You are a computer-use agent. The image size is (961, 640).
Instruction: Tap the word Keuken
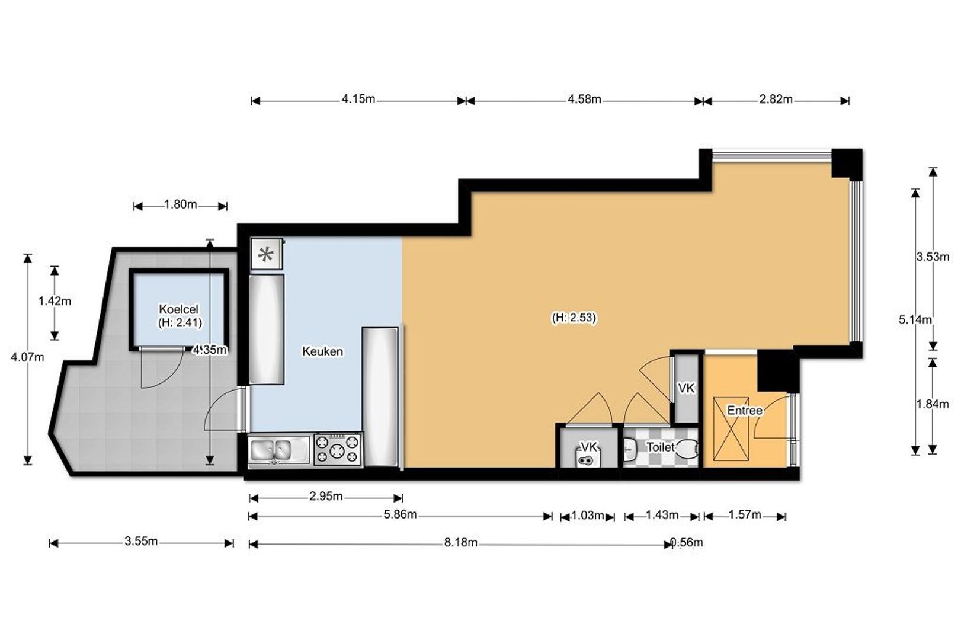[323, 351]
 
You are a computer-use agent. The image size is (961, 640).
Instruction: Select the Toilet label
[660, 447]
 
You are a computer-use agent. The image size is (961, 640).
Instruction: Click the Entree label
[745, 410]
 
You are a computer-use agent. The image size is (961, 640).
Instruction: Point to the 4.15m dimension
[358, 99]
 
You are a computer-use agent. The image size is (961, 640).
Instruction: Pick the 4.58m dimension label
[584, 100]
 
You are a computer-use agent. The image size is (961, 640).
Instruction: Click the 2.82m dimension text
[776, 100]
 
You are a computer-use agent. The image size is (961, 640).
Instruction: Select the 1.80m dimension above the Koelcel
[181, 205]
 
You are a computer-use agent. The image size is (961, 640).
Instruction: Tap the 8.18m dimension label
[461, 543]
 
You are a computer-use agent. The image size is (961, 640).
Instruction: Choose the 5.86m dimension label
[401, 514]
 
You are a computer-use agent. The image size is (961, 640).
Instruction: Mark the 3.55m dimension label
[141, 541]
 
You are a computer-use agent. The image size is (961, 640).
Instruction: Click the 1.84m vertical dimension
[933, 404]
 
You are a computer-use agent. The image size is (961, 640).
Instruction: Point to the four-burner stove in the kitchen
[338, 449]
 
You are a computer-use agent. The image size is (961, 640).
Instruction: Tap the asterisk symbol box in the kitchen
[267, 254]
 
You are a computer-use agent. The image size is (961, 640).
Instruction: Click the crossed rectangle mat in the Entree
[731, 429]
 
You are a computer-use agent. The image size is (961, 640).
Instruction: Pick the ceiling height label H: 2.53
[574, 318]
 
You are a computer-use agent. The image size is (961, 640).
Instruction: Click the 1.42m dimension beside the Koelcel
[55, 301]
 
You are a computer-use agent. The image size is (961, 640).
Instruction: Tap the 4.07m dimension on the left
[27, 357]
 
